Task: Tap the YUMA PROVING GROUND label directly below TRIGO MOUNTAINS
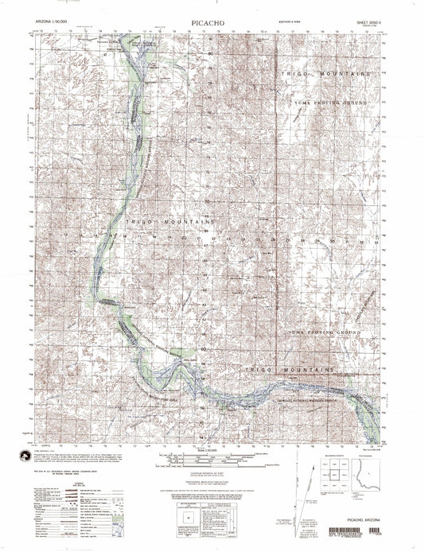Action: (331, 103)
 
